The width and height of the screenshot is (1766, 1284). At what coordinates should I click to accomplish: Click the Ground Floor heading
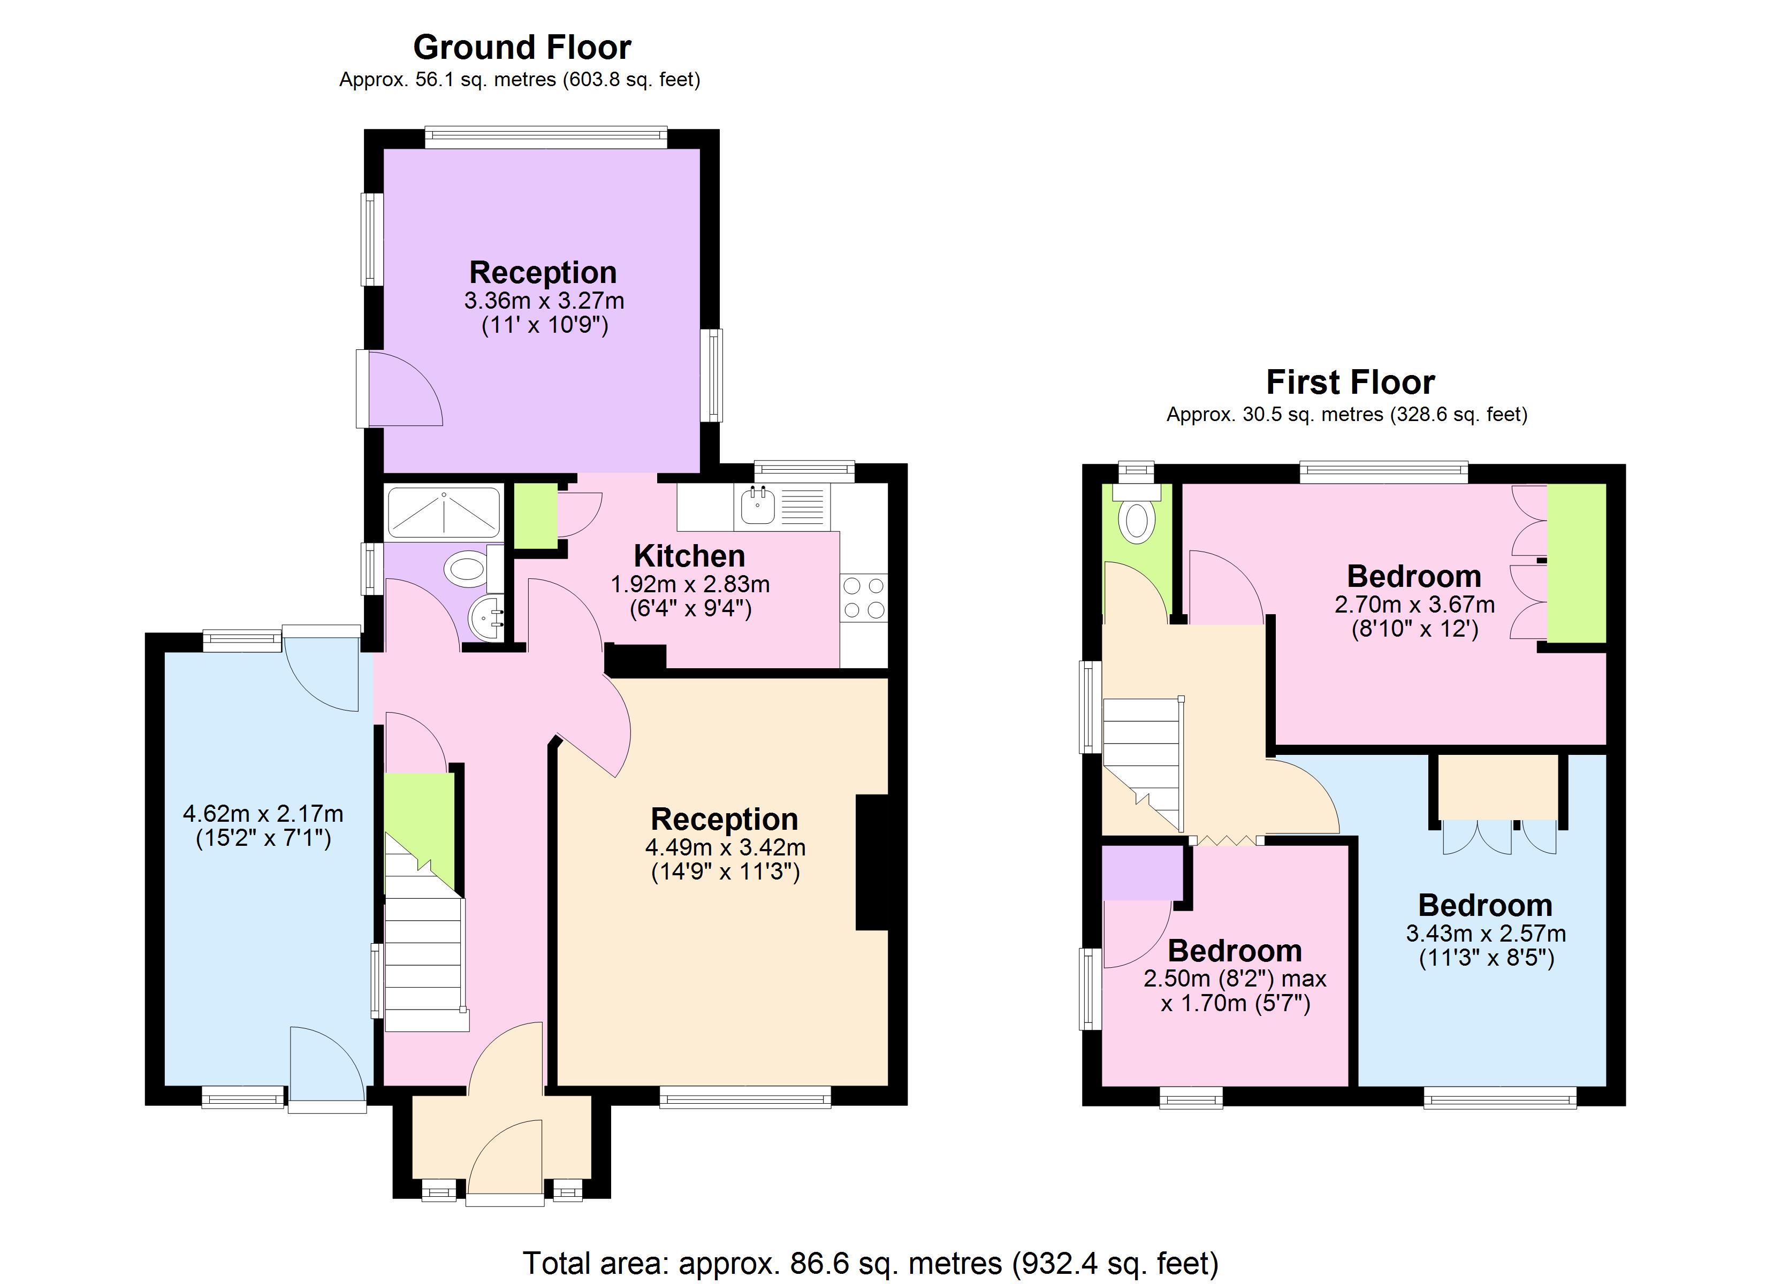pyautogui.click(x=522, y=48)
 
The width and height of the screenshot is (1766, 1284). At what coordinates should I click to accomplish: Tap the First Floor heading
pyautogui.click(x=1350, y=383)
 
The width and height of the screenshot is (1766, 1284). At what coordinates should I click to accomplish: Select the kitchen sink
pyautogui.click(x=757, y=506)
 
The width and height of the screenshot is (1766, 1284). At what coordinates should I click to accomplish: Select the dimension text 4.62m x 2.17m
pyautogui.click(x=263, y=814)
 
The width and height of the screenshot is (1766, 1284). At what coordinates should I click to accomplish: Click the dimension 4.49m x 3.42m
pyautogui.click(x=725, y=848)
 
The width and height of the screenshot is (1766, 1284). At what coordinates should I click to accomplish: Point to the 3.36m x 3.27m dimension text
pyautogui.click(x=544, y=301)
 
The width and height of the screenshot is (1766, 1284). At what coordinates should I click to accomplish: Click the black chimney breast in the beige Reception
pyautogui.click(x=872, y=862)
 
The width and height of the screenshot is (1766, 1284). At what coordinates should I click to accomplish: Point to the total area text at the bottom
pyautogui.click(x=870, y=1262)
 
